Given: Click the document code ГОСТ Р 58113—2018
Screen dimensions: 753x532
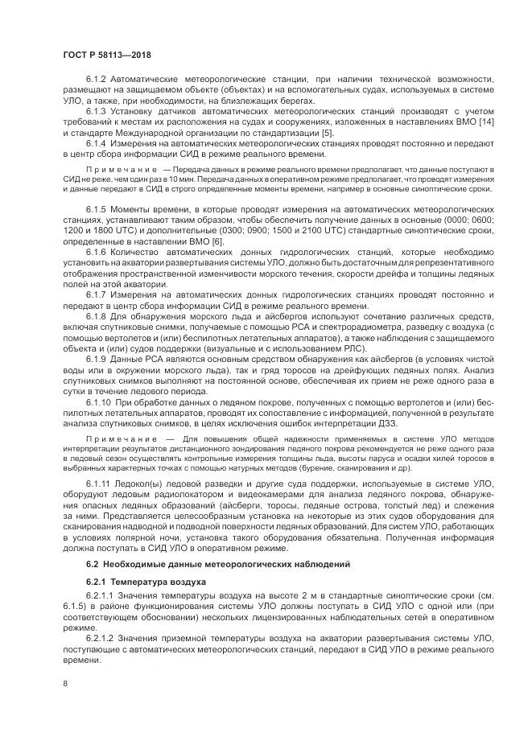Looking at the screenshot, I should (x=106, y=54).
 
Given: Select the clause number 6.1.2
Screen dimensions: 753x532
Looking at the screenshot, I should (x=97, y=79).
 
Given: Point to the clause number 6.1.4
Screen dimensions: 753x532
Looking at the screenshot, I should (x=97, y=142).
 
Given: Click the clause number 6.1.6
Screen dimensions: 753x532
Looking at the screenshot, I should (x=97, y=252).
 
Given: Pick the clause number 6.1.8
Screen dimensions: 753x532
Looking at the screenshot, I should (x=97, y=316).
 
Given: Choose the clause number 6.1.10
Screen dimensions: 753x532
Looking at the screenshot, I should (x=100, y=401).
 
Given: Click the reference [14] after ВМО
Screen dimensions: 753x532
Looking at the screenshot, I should (x=485, y=121).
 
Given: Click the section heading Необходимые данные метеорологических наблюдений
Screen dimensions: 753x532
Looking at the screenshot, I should (x=212, y=565).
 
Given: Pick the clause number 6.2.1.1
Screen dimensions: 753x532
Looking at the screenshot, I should (x=102, y=595).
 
